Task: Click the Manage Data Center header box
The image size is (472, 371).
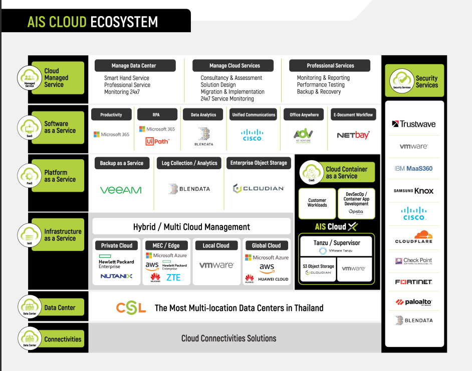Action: pos(134,66)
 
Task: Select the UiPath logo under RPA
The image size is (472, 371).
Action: pos(157,142)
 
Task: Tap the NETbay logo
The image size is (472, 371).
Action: pos(353,135)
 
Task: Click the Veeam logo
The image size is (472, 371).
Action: pos(121,190)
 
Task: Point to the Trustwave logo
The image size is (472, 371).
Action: pos(413,124)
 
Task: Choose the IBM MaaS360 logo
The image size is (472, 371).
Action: pos(413,169)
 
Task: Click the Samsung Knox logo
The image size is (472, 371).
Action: pos(413,191)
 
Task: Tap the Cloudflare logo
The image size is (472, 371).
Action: pos(413,237)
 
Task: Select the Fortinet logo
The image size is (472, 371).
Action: pos(413,282)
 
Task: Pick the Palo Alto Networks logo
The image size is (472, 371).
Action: pos(413,302)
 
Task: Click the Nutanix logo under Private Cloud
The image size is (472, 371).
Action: pos(116,276)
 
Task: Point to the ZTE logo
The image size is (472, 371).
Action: pos(173,277)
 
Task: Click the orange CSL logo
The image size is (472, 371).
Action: pos(131,308)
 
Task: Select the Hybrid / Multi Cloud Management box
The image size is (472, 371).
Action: pos(191,227)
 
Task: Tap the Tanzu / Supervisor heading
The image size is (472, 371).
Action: pos(336,243)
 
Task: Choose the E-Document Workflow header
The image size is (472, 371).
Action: pos(353,115)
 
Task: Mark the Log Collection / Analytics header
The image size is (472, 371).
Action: pos(189,163)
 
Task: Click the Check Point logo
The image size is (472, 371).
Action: pos(413,261)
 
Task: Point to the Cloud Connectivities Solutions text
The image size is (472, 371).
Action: pos(228,338)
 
